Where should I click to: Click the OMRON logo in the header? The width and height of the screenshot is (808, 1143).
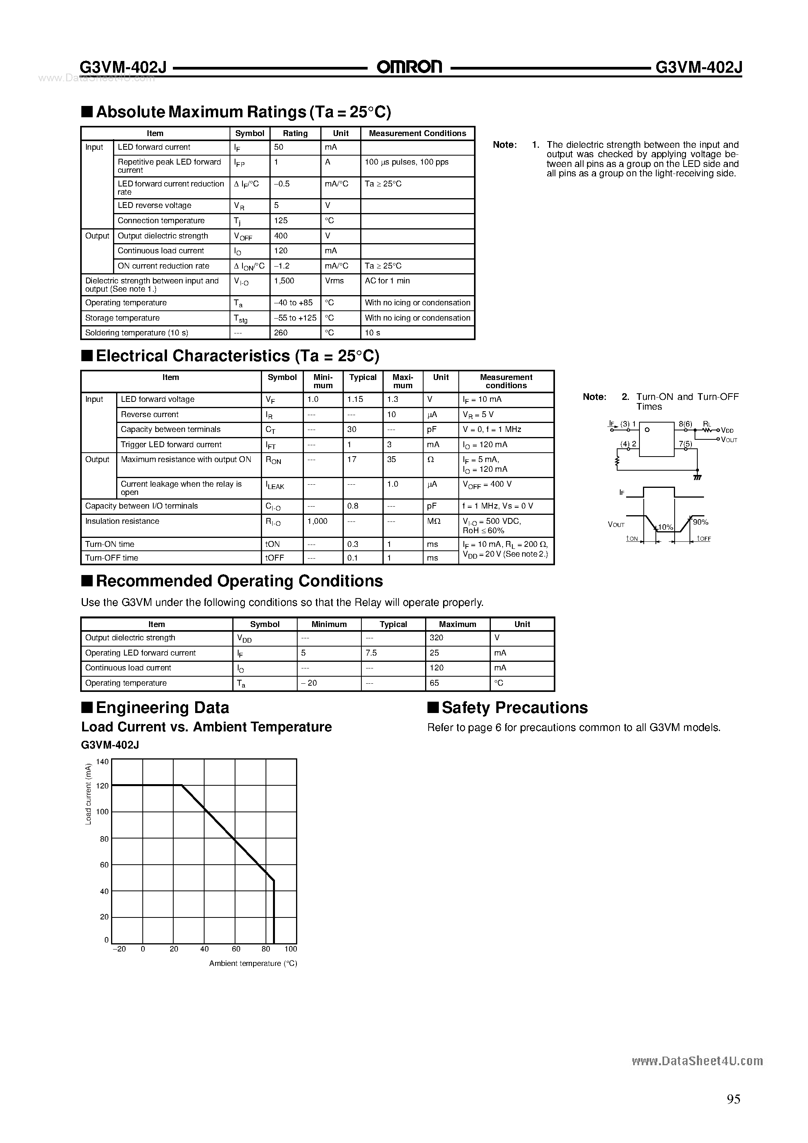click(x=409, y=67)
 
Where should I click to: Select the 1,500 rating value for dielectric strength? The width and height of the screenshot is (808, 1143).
click(x=284, y=281)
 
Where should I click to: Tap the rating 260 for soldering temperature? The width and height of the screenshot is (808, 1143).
click(x=280, y=333)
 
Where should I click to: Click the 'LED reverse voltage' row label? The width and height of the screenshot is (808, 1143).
click(x=154, y=205)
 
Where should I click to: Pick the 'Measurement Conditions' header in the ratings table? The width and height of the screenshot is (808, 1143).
click(x=417, y=133)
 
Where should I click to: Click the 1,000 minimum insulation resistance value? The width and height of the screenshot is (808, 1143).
click(x=317, y=521)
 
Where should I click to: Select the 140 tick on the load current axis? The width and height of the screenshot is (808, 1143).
click(x=102, y=761)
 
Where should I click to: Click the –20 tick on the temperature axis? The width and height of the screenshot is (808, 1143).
click(x=119, y=949)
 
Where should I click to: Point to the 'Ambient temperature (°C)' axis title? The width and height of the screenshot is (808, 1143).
click(x=253, y=963)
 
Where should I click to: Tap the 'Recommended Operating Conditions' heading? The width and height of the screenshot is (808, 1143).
click(x=239, y=581)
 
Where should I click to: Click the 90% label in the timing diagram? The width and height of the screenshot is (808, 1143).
click(x=700, y=522)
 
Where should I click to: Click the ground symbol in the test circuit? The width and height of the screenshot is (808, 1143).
click(x=697, y=477)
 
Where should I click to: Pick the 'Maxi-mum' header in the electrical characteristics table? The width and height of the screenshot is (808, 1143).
click(x=402, y=382)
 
